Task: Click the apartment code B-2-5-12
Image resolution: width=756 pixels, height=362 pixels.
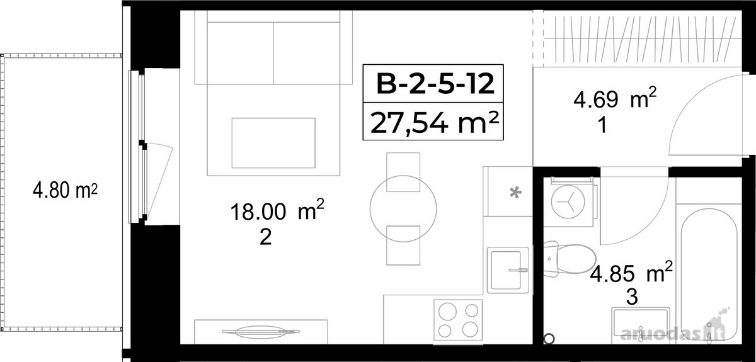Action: point(435,84)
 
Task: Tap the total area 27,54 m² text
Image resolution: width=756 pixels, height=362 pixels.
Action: point(434,123)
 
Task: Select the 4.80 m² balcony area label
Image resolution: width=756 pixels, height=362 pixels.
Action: point(65,190)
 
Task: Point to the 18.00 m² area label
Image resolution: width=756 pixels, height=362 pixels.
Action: point(277,210)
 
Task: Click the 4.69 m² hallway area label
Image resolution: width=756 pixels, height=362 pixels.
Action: point(615,98)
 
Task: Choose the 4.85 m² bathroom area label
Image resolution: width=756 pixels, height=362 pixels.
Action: point(631,273)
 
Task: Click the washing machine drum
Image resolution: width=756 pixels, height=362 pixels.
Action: point(568,202)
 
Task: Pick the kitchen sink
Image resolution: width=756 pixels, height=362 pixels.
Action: point(508,270)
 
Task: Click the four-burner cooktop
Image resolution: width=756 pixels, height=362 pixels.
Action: point(458,320)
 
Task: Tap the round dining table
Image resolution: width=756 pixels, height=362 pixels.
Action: point(403,208)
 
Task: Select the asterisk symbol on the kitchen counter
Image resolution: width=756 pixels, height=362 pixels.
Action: point(515,193)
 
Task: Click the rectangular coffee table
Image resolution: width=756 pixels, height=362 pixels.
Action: point(273,143)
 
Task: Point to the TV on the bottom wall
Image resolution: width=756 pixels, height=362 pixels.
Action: point(261,332)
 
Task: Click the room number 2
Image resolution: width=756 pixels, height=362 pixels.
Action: point(266,237)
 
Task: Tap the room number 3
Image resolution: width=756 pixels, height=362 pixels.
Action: point(632,297)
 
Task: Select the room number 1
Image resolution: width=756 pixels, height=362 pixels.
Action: point(602,125)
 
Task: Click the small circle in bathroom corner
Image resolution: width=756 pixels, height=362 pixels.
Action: point(549,338)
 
